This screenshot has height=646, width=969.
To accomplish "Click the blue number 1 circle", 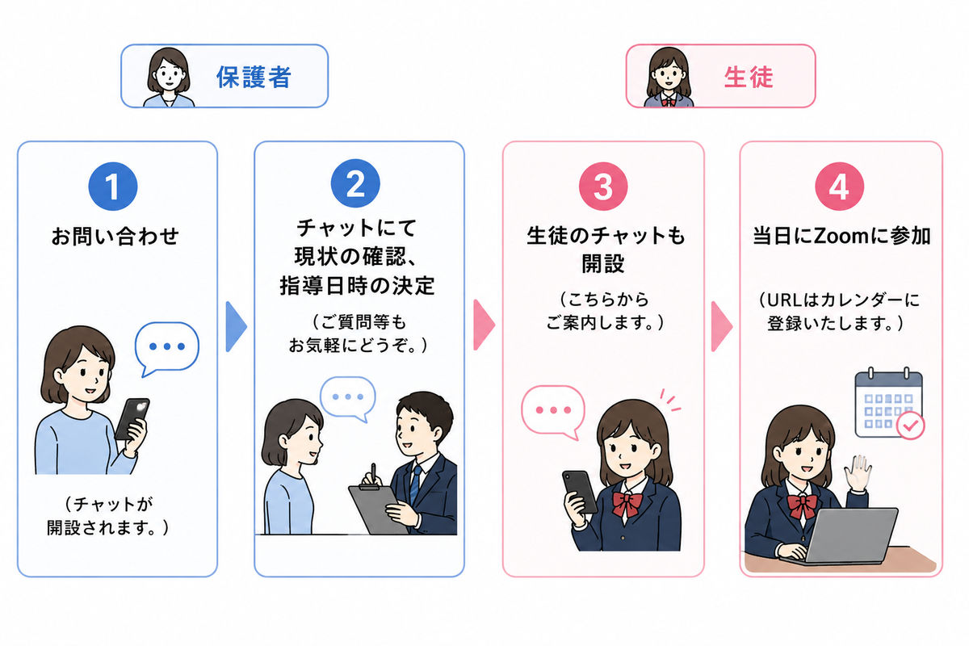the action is [113, 186].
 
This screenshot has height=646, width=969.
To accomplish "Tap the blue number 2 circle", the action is [355, 183].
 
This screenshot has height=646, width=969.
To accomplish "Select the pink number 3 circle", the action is [603, 186].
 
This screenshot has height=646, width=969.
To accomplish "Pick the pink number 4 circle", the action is [839, 186].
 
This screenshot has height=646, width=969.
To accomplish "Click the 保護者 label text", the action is [254, 77].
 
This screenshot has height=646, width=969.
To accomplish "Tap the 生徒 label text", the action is [749, 77].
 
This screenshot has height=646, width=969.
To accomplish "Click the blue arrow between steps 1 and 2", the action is [236, 327].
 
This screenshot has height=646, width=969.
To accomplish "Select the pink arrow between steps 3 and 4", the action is [722, 327].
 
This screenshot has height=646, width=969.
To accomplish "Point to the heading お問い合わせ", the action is [115, 237].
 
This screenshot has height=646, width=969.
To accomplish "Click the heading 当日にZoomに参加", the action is [841, 237].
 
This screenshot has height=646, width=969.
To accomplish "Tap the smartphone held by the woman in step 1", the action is [132, 419].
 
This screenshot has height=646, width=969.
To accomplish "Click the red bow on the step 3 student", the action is [627, 504].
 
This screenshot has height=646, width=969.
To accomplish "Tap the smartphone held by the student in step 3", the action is [580, 492].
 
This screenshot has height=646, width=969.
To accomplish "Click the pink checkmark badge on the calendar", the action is [911, 426].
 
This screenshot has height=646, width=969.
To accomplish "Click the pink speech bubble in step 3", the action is [553, 412].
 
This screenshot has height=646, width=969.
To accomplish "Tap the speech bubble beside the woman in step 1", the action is [167, 348].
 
